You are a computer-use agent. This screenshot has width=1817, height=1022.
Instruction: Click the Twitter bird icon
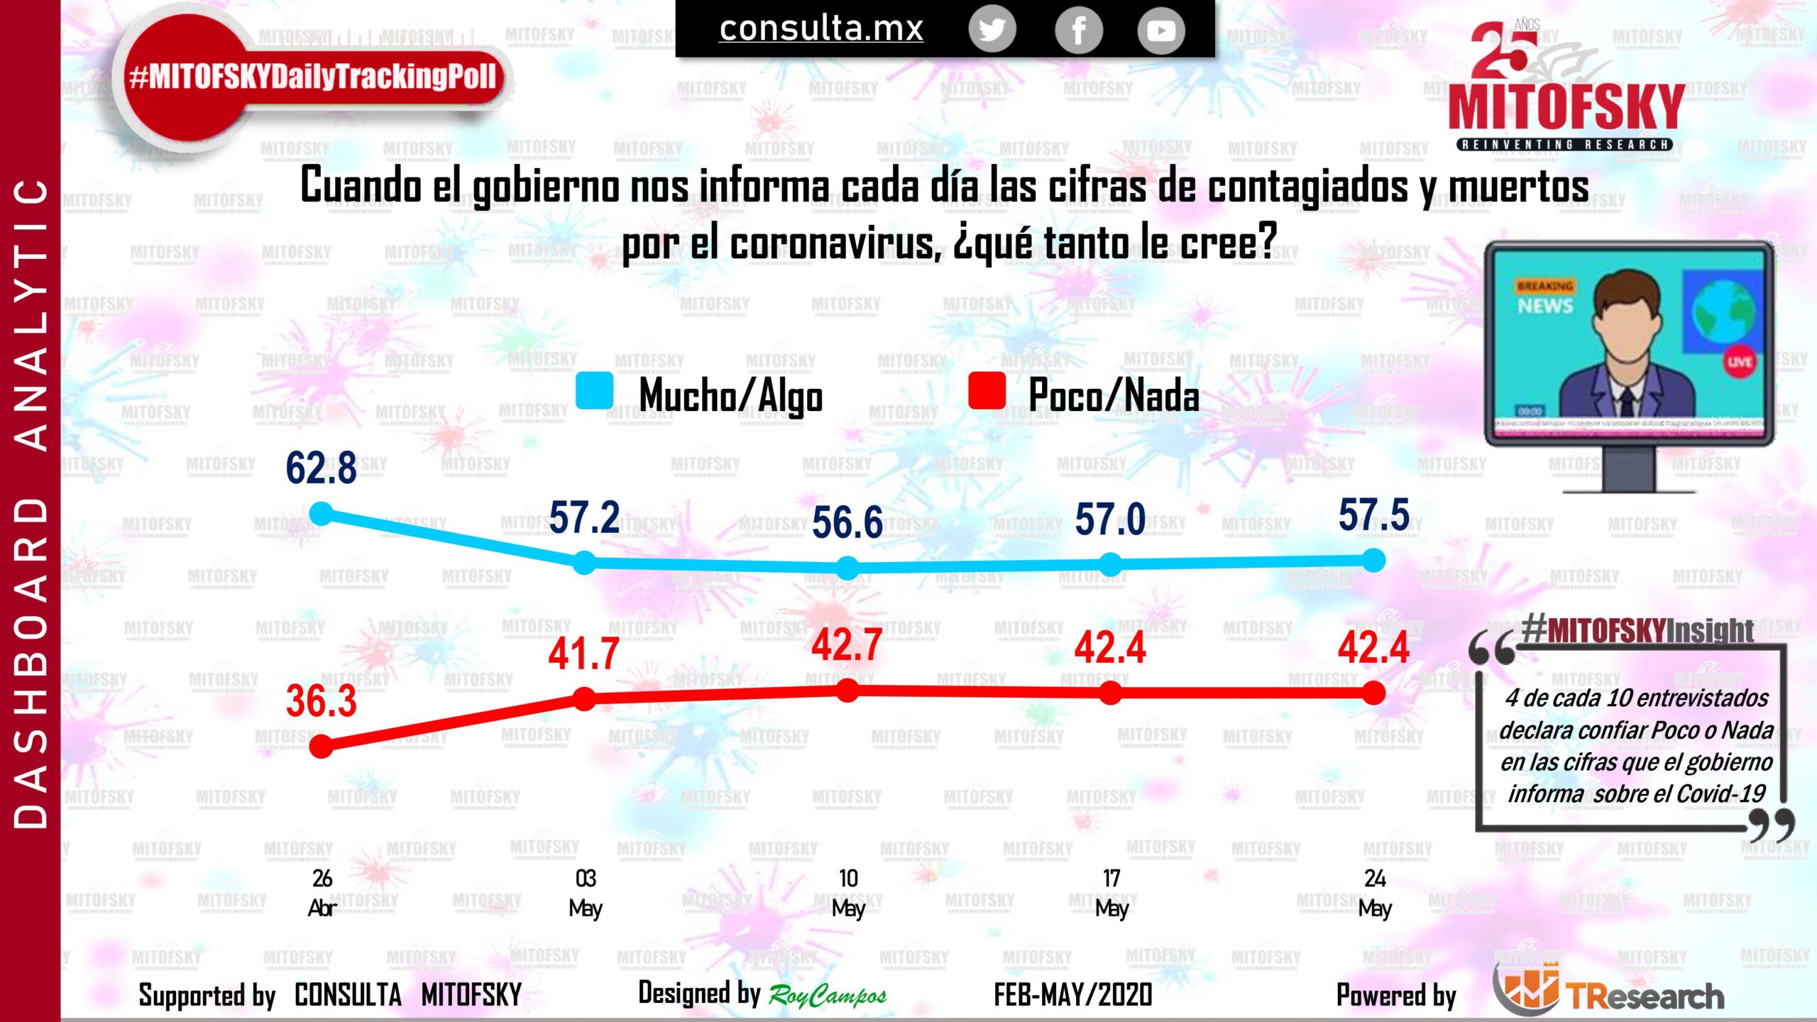click(992, 31)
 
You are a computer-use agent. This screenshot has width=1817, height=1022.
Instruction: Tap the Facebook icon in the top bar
click(1078, 31)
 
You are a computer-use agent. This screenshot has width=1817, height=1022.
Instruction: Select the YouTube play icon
click(1161, 31)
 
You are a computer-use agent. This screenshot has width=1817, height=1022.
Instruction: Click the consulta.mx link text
click(821, 29)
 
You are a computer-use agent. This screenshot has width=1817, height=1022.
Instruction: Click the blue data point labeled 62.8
click(322, 513)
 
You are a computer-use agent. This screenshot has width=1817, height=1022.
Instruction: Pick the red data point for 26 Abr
click(322, 746)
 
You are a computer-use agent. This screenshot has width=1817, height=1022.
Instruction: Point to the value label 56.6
click(847, 522)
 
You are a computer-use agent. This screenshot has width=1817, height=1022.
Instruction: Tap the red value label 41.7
click(583, 654)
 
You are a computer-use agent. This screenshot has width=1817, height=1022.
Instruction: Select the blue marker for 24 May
click(1374, 561)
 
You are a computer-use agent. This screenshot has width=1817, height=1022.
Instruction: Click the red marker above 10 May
click(847, 691)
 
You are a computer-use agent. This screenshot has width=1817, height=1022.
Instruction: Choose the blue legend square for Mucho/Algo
click(594, 391)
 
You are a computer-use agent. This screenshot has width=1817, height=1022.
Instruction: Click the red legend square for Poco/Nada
click(987, 391)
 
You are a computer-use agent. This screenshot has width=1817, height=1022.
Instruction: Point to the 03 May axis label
click(586, 893)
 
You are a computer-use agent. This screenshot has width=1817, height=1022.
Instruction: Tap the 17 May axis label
click(1111, 893)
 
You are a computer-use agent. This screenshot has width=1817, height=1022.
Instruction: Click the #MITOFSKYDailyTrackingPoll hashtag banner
click(313, 77)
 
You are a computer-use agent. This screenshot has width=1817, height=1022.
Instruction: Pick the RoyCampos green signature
click(828, 996)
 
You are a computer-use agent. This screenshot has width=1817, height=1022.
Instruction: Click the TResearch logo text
click(1645, 996)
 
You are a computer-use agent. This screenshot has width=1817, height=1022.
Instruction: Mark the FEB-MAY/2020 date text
click(1072, 995)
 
